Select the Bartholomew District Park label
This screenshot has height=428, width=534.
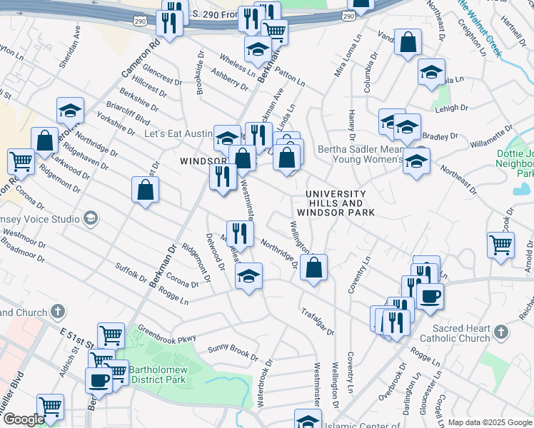(157, 374)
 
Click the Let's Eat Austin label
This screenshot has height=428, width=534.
(178, 133)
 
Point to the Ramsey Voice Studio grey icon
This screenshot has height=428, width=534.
(91, 218)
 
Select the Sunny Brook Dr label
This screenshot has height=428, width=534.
(233, 352)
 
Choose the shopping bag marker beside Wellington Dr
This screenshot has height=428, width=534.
(313, 268)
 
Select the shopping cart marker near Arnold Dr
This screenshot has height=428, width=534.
(500, 245)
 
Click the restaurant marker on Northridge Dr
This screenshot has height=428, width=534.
(241, 233)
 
